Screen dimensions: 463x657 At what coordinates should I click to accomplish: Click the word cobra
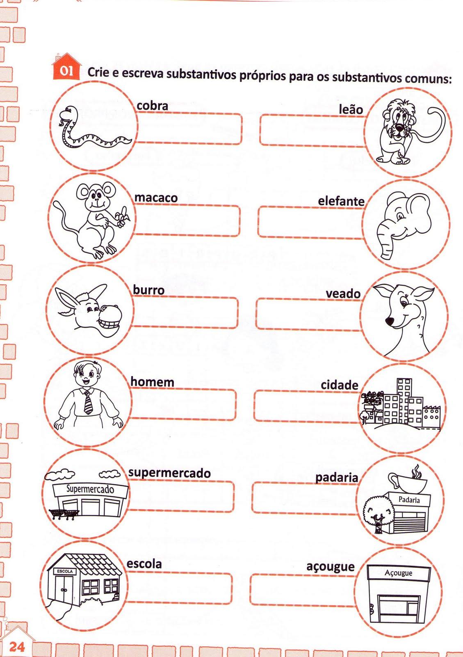(x=152, y=106)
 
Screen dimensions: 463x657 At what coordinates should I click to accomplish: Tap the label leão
(x=351, y=110)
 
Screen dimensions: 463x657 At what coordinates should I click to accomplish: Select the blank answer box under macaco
(x=187, y=221)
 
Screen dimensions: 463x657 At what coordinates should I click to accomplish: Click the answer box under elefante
(x=310, y=222)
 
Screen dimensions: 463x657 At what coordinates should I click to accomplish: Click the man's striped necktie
(x=88, y=402)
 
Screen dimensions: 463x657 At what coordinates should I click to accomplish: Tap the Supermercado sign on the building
(x=90, y=489)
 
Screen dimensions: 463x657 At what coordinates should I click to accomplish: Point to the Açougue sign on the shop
(x=398, y=573)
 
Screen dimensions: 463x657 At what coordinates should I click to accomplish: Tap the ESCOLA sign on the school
(x=65, y=571)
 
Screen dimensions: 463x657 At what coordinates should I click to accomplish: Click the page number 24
(x=16, y=647)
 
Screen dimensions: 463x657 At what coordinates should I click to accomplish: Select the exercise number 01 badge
(x=66, y=71)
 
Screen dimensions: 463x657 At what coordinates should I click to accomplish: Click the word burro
(x=148, y=290)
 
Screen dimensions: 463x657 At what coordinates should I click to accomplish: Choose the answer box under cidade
(x=308, y=405)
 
